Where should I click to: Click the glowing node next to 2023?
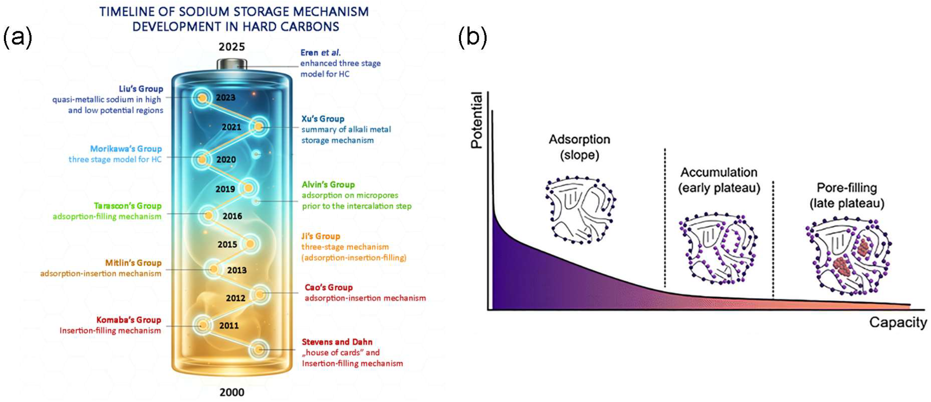coord(203,98)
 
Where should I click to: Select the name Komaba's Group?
coord(128,320)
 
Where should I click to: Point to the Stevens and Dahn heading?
coord(337,342)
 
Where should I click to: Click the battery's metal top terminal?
coord(232,64)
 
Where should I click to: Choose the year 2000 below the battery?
coord(232,392)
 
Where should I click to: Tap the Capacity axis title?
coord(898,323)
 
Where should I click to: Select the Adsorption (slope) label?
coord(579,147)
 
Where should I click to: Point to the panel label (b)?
coord(472,37)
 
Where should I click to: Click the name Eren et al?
coord(320,53)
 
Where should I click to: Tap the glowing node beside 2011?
coord(203,325)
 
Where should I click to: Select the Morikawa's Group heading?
coord(126,149)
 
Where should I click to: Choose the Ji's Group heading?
coord(320,236)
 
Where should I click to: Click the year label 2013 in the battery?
coord(237,270)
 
